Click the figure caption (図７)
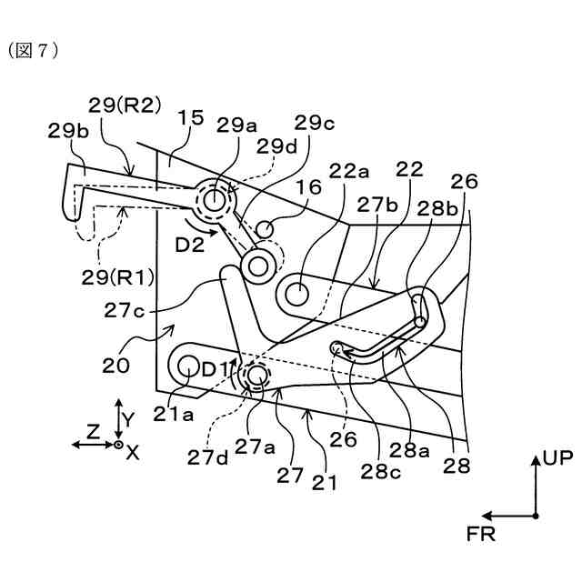34,50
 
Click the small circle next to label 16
266,227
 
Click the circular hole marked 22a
296,293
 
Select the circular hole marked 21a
189,366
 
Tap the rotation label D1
216,369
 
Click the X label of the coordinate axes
132,452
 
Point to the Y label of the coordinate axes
128,419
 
